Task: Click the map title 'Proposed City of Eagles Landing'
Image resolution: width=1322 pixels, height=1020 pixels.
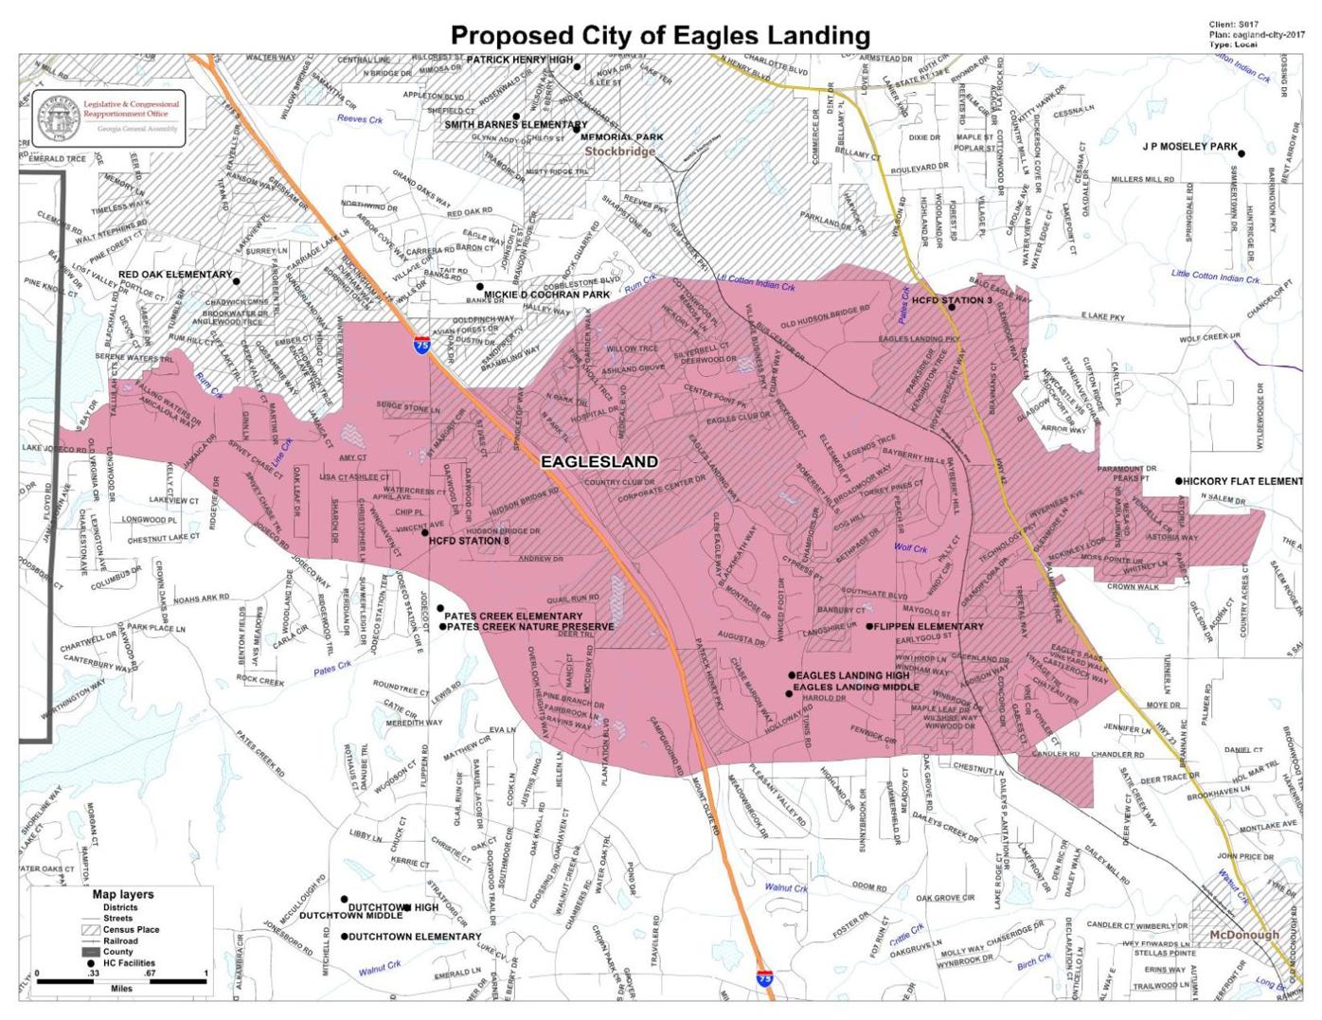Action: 660,35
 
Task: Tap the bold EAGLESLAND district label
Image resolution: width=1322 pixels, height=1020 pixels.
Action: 598,461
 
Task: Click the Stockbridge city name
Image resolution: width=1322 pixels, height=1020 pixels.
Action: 619,152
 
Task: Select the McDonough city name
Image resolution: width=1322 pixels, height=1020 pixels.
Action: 1243,934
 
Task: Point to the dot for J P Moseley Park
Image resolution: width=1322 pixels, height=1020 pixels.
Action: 1242,153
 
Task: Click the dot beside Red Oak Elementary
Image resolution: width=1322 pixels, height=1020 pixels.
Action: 237,280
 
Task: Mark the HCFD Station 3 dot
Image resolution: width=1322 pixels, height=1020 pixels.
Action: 952,307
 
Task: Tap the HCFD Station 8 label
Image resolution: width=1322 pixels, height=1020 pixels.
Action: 469,542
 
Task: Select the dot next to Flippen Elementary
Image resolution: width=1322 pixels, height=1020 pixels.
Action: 869,626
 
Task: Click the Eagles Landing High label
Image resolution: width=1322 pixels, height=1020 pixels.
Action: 852,675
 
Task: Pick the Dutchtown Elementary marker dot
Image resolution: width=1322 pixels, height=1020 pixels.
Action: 345,937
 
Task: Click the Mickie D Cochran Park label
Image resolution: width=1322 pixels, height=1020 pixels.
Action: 546,295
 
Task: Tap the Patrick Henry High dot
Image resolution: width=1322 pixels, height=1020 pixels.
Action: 577,67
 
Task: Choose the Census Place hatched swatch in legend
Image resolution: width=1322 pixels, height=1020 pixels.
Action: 91,930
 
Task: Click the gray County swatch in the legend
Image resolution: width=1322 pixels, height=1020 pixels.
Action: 91,952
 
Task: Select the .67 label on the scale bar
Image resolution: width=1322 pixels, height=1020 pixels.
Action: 150,974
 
